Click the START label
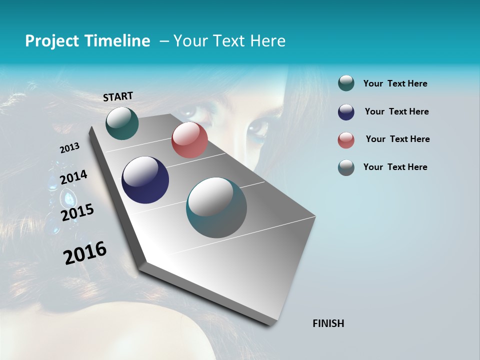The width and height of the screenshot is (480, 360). click(x=118, y=96)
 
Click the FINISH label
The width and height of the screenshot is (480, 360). click(x=328, y=323)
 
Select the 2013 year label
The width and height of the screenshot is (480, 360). click(x=69, y=147)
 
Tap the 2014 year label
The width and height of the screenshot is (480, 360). click(x=73, y=177)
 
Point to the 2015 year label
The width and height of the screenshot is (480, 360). click(x=77, y=212)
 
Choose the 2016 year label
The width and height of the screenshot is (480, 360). click(x=85, y=252)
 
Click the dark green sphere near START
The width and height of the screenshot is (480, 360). click(x=122, y=123)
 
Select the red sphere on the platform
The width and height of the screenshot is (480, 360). click(x=189, y=140)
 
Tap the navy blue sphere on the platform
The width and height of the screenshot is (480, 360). click(x=145, y=180)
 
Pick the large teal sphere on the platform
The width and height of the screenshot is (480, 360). click(x=216, y=207)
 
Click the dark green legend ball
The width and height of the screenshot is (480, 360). click(x=346, y=83)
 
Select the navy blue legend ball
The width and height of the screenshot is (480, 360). click(x=346, y=112)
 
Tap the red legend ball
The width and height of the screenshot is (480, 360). click(x=346, y=140)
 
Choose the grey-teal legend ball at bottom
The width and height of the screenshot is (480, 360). click(x=346, y=167)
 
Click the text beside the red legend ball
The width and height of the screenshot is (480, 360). click(x=397, y=139)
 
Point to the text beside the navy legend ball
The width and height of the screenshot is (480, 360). click(x=396, y=111)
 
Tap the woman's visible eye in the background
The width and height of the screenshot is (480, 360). click(x=258, y=127)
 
